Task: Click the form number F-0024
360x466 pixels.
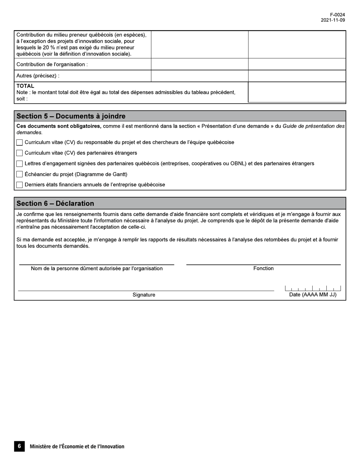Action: [x=337, y=15]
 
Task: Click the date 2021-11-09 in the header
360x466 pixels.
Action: [x=333, y=20]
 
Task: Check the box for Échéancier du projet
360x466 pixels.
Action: [x=20, y=174]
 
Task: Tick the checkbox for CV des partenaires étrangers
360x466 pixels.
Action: [x=20, y=153]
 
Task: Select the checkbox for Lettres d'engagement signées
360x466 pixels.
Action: [x=20, y=164]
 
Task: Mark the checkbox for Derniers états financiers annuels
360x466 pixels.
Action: [x=20, y=185]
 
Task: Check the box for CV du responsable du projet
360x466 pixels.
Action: [x=20, y=142]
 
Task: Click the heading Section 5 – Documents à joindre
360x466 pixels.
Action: [x=71, y=116]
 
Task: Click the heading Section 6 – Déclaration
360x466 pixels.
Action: [x=55, y=203]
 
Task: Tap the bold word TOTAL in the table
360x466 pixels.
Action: [x=25, y=86]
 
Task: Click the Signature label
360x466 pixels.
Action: [x=144, y=295]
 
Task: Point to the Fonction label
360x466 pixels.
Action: [x=263, y=268]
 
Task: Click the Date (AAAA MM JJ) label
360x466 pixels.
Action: [x=313, y=295]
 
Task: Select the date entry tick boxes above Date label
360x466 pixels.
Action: [x=313, y=288]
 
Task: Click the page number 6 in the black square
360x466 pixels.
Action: [x=19, y=446]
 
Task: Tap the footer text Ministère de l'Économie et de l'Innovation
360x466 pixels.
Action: [x=77, y=447]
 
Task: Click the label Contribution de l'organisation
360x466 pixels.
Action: [x=52, y=64]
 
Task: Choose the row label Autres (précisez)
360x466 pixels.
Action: [x=38, y=76]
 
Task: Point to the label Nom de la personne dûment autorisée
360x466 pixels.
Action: [x=97, y=269]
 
